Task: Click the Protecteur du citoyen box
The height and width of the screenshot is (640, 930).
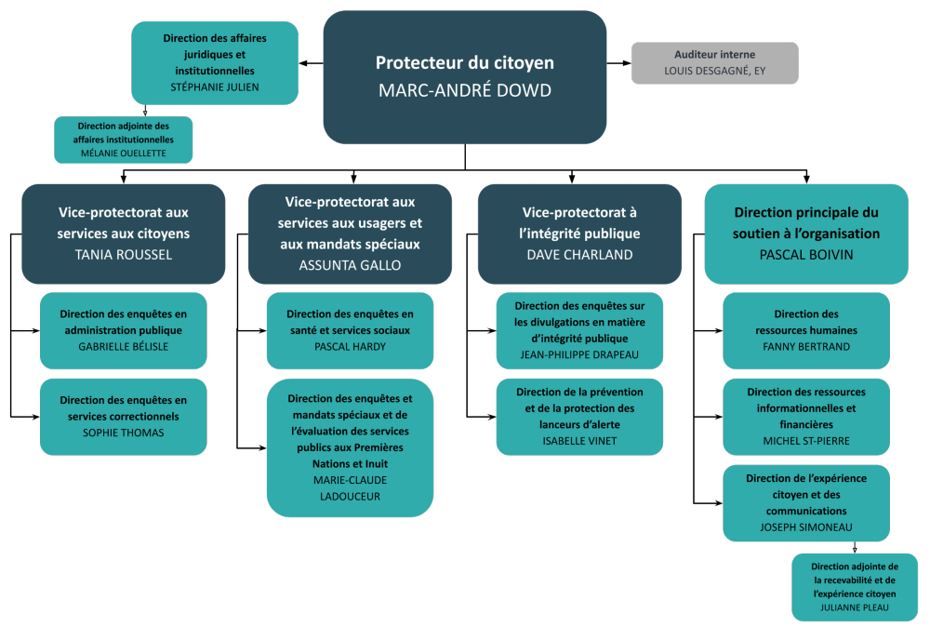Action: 464,77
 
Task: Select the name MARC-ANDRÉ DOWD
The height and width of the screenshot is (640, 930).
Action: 464,91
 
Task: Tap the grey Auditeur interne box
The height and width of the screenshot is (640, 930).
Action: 714,63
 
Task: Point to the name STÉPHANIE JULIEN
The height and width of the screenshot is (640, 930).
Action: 215,87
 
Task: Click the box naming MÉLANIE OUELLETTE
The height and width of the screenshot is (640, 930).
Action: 123,140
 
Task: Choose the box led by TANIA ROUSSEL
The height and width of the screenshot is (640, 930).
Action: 123,233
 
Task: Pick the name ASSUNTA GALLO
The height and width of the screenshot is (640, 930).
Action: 350,264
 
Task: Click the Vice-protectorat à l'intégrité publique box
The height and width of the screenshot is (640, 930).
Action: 580,233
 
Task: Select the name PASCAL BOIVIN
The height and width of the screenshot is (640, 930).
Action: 806,253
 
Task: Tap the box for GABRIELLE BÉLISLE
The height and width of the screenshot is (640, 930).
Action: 123,330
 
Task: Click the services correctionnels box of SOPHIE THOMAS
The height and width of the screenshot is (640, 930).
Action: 123,416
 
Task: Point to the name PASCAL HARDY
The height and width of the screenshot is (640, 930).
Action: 350,347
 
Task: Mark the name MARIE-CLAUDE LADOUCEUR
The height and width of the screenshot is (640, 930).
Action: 350,487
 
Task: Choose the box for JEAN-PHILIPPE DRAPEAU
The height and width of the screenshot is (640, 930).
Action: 579,330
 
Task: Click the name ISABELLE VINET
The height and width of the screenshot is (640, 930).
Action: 579,441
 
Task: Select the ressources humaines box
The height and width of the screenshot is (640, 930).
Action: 806,330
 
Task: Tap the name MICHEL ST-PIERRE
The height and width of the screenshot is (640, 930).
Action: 806,441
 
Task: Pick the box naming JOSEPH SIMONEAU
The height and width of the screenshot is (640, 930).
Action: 806,502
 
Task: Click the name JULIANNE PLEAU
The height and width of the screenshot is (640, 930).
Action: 855,608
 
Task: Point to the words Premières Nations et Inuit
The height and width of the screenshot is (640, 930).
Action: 350,455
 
